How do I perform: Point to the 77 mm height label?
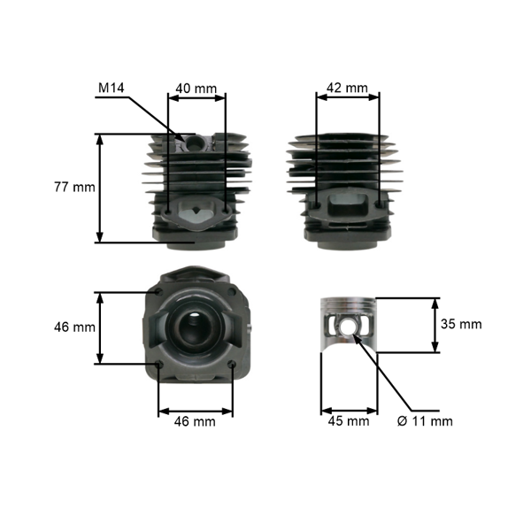[74, 188]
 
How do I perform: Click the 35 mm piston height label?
[461, 324]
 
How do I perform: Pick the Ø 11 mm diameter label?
[425, 421]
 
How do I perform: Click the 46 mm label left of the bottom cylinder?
[74, 327]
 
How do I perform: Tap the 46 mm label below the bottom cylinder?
[195, 422]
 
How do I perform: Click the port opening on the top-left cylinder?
[196, 212]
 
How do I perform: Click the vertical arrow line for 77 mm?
[100, 188]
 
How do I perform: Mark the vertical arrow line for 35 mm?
[435, 325]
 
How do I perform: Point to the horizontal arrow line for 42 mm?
[348, 98]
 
